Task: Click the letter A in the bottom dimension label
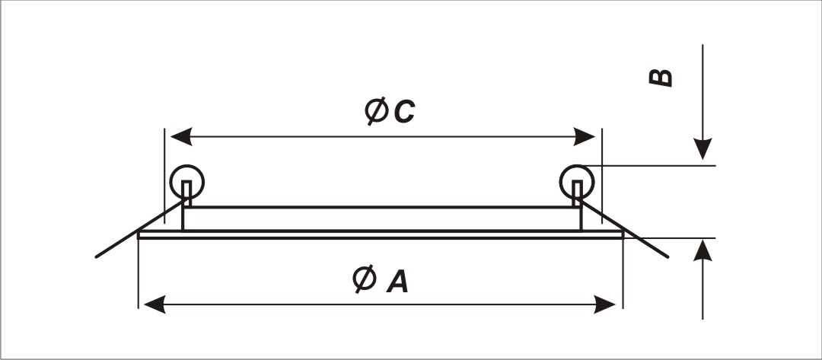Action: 397,282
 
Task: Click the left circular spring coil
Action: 187,180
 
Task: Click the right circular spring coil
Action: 576,180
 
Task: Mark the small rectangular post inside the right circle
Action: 576,190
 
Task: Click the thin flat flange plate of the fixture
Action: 381,234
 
